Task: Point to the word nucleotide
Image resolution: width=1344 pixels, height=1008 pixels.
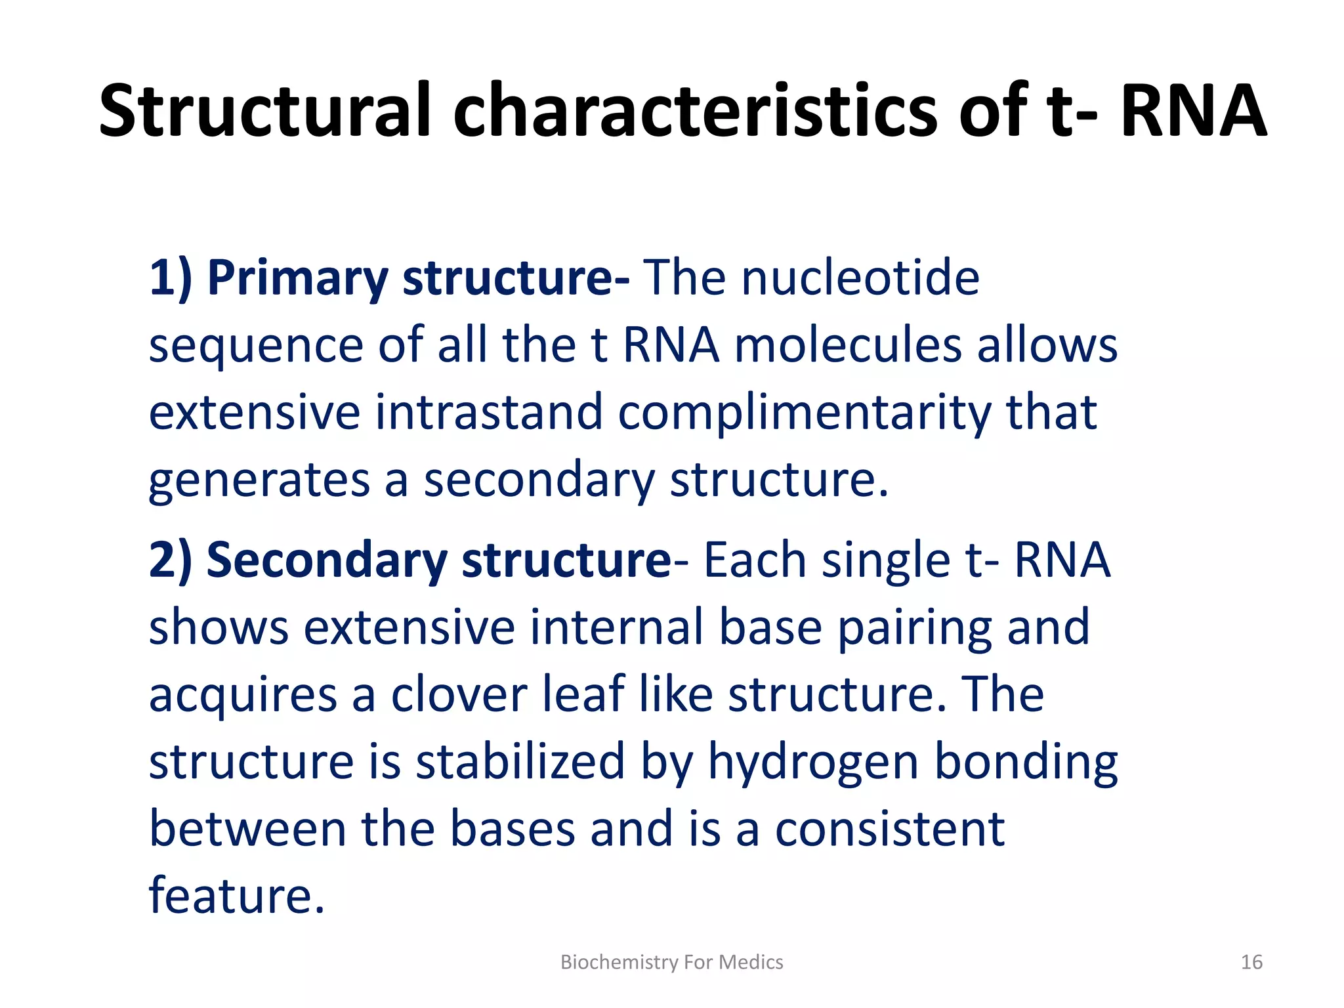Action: [x=860, y=278]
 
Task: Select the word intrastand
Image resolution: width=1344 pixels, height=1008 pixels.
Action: [x=489, y=413]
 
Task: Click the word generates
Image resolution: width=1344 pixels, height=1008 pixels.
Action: [x=259, y=480]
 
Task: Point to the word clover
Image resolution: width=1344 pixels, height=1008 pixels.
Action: [x=459, y=695]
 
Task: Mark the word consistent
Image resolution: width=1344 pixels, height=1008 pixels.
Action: [x=890, y=829]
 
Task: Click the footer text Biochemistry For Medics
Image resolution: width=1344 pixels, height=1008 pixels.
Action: [x=671, y=962]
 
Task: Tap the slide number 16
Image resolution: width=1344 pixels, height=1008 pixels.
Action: [x=1251, y=962]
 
